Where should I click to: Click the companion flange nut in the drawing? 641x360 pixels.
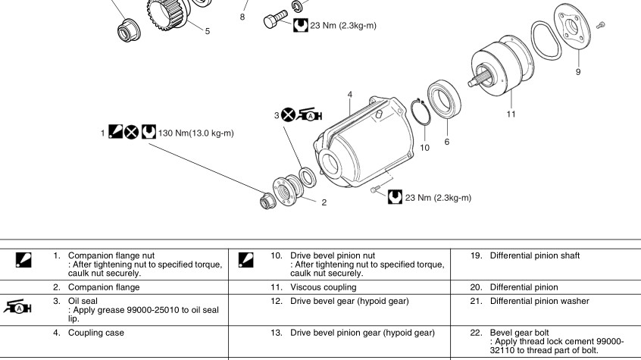coord(267,201)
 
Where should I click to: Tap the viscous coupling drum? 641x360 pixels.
coord(501,72)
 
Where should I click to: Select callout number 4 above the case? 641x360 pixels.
coord(350,95)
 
